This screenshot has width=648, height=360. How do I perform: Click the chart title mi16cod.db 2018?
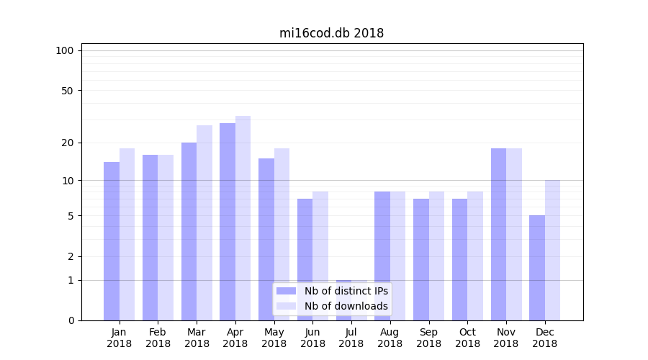click(331, 33)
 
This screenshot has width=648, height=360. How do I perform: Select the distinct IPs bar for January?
click(112, 241)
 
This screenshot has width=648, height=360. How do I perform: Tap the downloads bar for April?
click(243, 218)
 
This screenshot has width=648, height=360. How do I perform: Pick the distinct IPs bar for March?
click(189, 231)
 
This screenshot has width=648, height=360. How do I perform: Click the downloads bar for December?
click(552, 250)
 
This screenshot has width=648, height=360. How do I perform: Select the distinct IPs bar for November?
click(498, 234)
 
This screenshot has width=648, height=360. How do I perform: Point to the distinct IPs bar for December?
click(537, 268)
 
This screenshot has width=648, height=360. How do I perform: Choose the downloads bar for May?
click(282, 234)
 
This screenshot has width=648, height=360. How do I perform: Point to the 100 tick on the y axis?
click(65, 50)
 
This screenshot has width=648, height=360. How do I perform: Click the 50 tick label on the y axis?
click(67, 91)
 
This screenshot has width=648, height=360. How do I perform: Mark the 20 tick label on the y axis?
click(67, 143)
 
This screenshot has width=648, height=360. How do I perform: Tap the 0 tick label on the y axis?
click(71, 320)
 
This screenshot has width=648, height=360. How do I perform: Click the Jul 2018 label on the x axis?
click(351, 338)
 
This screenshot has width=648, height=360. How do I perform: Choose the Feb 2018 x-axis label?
click(158, 338)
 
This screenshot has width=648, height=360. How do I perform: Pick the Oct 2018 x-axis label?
click(467, 338)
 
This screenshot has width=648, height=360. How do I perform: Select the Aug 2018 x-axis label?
click(390, 338)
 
